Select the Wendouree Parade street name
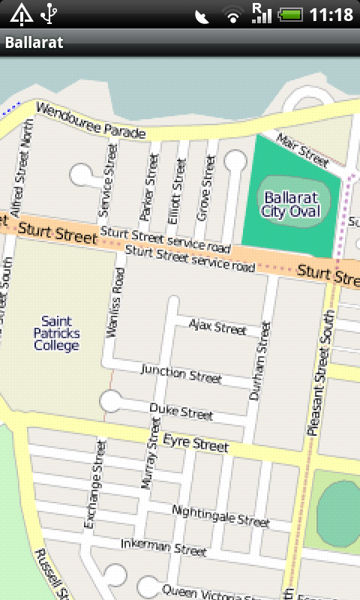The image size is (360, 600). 89,122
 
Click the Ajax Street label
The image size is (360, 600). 217,327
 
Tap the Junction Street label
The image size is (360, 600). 181,373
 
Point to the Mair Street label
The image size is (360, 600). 302,149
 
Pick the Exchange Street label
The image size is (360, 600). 93,484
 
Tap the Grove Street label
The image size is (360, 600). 206,188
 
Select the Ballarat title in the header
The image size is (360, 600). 34,42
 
